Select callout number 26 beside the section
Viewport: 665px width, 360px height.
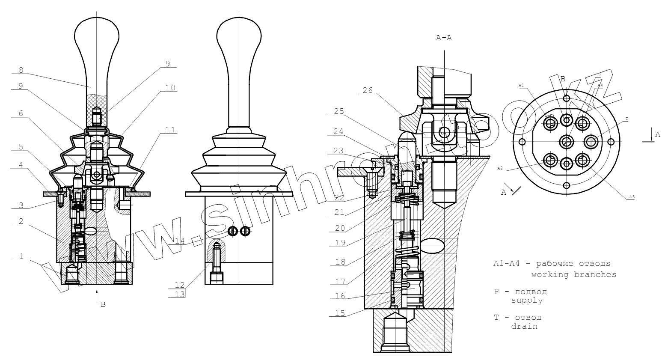tap(368, 90)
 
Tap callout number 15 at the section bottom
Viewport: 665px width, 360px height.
tap(339, 313)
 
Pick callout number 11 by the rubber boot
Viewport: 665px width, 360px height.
tap(171, 129)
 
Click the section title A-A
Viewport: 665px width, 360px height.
tap(444, 38)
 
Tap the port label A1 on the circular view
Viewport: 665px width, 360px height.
tap(521, 86)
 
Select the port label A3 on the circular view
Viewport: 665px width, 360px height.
tap(632, 197)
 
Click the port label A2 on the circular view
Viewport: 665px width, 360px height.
tap(499, 168)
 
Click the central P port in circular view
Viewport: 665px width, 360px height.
tap(567, 141)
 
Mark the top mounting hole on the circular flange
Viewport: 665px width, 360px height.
tap(567, 98)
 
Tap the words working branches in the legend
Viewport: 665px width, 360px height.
tap(573, 274)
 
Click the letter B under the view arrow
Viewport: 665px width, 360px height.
tap(103, 305)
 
